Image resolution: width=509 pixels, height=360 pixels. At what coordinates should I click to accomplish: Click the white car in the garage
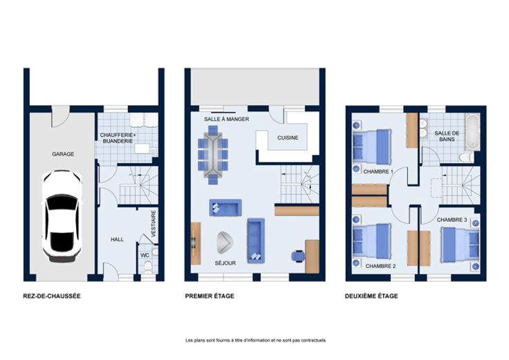coord(62,216)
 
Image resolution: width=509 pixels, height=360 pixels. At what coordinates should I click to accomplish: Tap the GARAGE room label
coord(63,154)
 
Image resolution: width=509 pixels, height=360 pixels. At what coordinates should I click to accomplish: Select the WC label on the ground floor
coord(145,255)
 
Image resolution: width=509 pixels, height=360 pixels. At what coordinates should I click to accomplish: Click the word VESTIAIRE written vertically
coord(154,223)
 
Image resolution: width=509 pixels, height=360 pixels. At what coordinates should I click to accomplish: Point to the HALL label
coord(117,239)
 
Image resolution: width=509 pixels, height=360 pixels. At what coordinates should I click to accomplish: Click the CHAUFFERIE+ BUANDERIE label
coord(118,138)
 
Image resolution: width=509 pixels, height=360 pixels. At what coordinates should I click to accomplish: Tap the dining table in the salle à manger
coord(213,155)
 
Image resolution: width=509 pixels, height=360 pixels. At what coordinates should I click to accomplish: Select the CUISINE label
coord(288,138)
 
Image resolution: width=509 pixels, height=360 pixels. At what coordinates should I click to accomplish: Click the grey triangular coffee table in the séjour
coord(225,243)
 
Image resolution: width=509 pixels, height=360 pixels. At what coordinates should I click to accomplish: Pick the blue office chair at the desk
coord(298,256)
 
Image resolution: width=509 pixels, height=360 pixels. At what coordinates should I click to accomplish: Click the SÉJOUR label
coord(225,263)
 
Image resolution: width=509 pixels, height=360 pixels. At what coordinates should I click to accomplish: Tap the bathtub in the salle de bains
coord(472,132)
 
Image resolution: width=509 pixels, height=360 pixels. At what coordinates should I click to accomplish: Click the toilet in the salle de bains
coord(467,158)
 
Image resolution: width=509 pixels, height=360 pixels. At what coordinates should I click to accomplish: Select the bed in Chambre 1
coord(372,147)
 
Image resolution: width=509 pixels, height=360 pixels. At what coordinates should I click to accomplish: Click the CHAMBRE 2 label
coord(380,266)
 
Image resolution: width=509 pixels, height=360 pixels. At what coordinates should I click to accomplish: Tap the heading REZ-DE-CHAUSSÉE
coord(52,296)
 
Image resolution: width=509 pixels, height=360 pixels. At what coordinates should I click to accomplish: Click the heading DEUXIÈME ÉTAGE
coord(371,296)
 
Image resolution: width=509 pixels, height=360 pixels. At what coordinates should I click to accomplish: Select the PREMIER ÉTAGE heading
coord(210,296)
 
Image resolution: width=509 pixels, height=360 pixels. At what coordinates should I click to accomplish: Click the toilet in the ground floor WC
coord(148,267)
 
